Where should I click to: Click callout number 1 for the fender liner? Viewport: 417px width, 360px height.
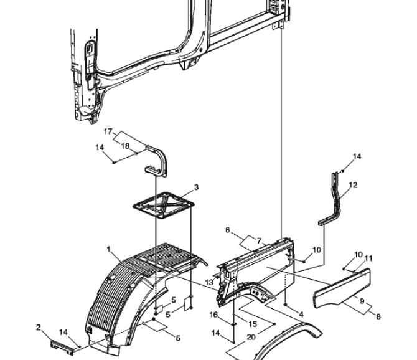click(x=108, y=249)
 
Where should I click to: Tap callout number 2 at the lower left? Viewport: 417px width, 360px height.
click(x=39, y=327)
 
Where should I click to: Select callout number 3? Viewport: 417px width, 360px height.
click(x=196, y=187)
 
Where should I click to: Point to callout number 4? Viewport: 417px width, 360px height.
click(x=301, y=315)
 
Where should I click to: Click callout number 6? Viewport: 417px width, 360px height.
click(x=228, y=230)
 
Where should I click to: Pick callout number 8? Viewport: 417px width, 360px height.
click(x=378, y=316)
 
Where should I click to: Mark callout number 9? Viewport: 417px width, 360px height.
click(x=362, y=301)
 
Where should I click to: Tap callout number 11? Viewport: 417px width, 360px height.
click(x=368, y=258)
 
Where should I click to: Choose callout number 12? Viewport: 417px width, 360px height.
click(x=353, y=185)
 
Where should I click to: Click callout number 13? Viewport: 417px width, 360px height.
click(x=209, y=282)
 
